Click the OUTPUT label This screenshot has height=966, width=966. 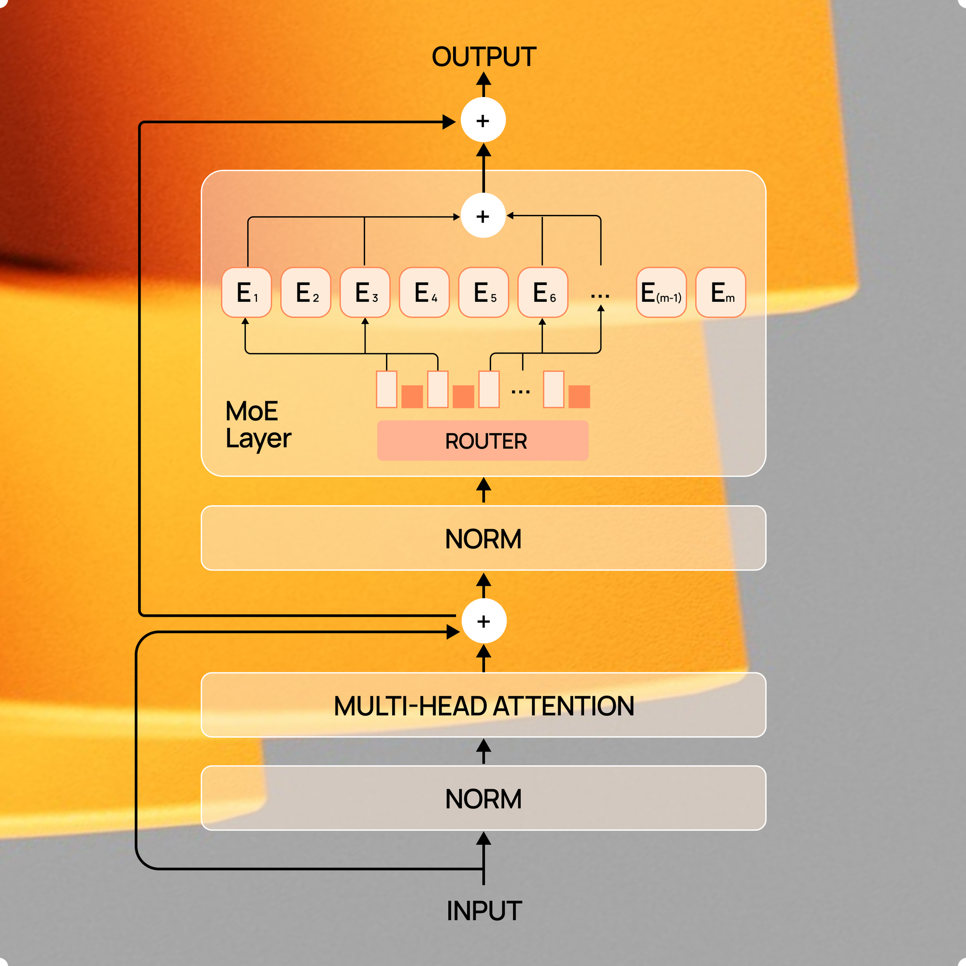click(x=483, y=57)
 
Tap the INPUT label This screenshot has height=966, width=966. click(x=483, y=910)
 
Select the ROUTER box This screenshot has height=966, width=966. click(x=483, y=440)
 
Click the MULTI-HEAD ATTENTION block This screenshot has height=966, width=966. click(x=483, y=705)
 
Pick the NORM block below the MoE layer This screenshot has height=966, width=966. click(x=483, y=538)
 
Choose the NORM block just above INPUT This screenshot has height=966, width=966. click(x=483, y=798)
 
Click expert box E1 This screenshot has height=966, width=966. click(x=246, y=293)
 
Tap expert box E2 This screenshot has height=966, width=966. click(x=306, y=293)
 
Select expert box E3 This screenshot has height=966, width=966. click(x=365, y=293)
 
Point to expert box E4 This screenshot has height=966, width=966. click(x=424, y=293)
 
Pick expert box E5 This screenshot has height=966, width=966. click(x=483, y=293)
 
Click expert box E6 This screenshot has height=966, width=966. click(x=542, y=293)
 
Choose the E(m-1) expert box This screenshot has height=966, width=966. click(x=661, y=293)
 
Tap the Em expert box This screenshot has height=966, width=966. click(x=721, y=293)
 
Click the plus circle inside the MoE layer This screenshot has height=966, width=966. click(x=483, y=216)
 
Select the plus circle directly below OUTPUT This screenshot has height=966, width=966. click(x=483, y=120)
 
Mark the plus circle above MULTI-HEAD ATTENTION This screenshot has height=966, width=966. click(x=483, y=621)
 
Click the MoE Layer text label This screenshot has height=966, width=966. click(x=257, y=425)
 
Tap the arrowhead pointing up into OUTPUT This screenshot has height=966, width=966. click(x=483, y=79)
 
